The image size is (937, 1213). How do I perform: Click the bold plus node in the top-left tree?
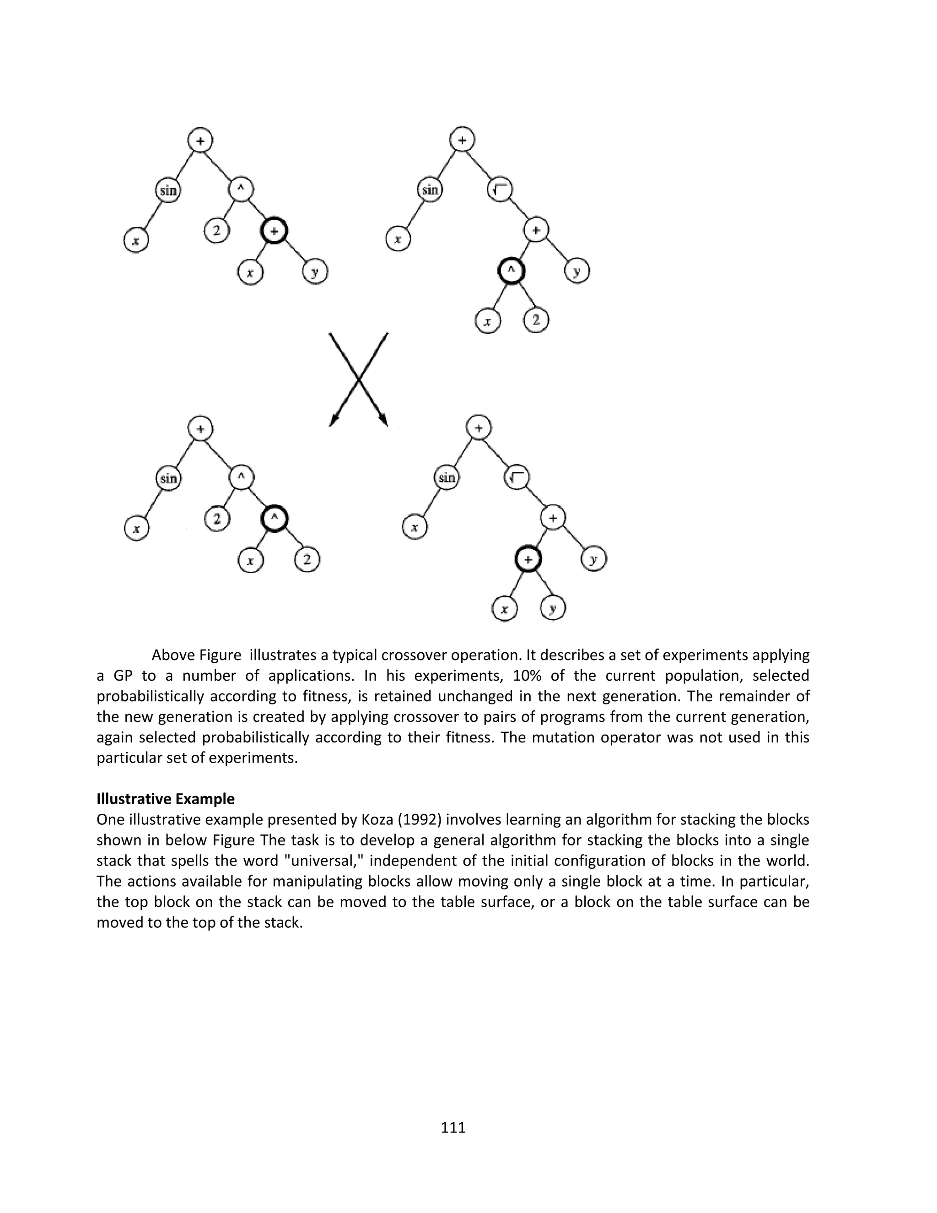[274, 232]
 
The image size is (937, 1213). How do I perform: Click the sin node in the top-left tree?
[167, 190]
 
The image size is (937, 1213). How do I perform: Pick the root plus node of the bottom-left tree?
[200, 428]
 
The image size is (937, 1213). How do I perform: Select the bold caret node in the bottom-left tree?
[274, 519]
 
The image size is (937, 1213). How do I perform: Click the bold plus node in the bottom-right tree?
[528, 559]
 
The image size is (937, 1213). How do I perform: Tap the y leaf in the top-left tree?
[315, 272]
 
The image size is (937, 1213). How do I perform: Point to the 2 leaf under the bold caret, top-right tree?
[536, 320]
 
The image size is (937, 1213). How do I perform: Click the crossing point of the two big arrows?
[359, 380]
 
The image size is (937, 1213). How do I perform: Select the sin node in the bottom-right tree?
[446, 477]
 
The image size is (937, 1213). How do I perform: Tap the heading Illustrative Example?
[166, 799]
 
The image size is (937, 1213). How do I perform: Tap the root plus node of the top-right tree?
[462, 140]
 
